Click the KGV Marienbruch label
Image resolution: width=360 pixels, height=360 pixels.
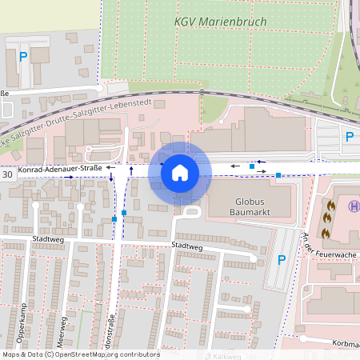[x=210, y=22]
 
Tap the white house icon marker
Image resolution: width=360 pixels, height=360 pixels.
[x=180, y=171]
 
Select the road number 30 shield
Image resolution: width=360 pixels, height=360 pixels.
[x=7, y=174]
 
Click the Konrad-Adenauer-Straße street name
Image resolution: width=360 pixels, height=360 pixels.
[x=59, y=169]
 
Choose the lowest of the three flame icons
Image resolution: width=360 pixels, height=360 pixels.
[x=326, y=232]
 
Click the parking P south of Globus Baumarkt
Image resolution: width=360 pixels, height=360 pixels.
[x=281, y=260]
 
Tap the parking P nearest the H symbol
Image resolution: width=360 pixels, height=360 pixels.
[x=349, y=138]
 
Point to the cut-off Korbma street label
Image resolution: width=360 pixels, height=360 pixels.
[x=342, y=344]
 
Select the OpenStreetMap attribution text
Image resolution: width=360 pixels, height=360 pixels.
[x=81, y=354]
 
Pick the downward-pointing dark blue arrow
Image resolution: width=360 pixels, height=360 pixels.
[x=110, y=174]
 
